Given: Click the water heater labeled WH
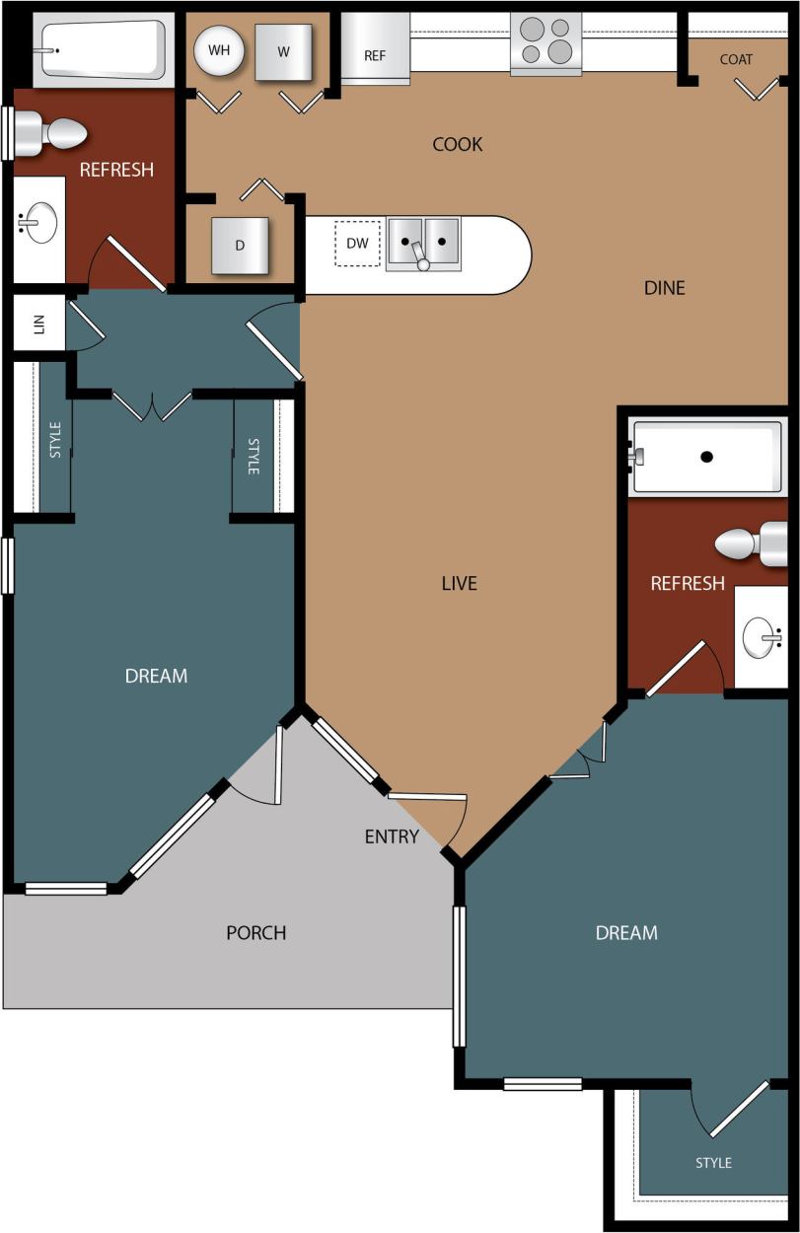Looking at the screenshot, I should tap(219, 50).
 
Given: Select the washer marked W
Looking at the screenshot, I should tap(284, 52).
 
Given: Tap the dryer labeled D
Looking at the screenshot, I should tap(240, 246).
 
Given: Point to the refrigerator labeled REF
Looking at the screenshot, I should tap(375, 50).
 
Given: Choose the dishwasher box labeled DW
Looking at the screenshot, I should tap(357, 244).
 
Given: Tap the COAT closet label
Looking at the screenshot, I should tap(736, 59).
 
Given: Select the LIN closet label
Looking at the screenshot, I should tap(39, 323).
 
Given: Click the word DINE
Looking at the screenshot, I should tap(664, 288).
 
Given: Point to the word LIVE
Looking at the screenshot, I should tap(459, 583).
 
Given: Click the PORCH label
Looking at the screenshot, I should tap(256, 932).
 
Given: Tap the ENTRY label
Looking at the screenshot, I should tap(392, 836).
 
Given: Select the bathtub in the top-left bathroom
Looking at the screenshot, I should tap(102, 49).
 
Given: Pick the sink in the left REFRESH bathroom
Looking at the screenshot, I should tap(37, 224).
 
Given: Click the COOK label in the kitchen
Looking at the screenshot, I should tap(458, 144).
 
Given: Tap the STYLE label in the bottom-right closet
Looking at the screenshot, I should tap(713, 1163).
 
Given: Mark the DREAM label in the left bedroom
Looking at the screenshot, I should tap(156, 676).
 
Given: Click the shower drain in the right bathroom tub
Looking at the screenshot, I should tap(706, 457).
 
